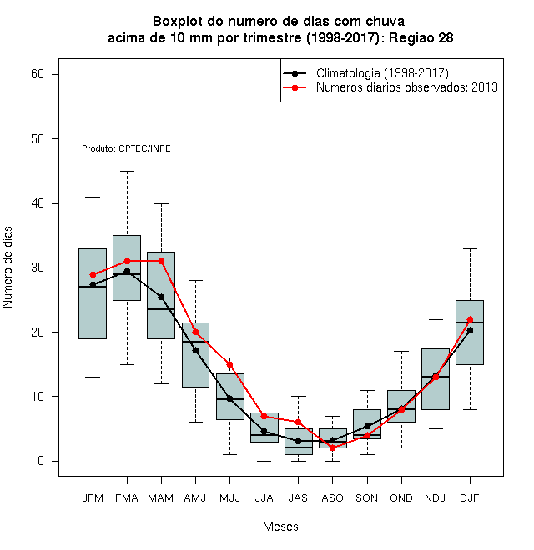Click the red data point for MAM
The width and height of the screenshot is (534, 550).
tap(161, 261)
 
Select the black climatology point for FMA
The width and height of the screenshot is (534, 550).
tap(127, 271)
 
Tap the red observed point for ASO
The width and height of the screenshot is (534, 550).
tap(332, 448)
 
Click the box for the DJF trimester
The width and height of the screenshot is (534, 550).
tap(470, 332)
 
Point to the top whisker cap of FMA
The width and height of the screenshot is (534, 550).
tap(127, 171)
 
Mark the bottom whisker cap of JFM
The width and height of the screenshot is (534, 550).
tap(93, 377)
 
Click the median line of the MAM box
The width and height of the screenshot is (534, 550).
tap(161, 309)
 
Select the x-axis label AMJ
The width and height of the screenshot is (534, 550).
tap(195, 498)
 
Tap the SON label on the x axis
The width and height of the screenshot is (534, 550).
tap(367, 498)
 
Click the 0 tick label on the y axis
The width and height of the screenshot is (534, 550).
tap(41, 461)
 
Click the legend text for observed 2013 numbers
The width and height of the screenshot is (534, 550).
tap(407, 87)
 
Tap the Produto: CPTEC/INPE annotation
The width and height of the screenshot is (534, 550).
tap(126, 148)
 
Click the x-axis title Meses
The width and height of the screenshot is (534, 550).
tap(280, 527)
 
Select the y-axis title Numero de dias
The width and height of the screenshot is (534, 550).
tap(8, 267)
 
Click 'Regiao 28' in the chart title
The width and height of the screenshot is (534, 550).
tap(421, 37)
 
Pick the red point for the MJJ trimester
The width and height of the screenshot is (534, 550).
tap(229, 365)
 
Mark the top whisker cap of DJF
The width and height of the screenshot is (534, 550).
tap(470, 248)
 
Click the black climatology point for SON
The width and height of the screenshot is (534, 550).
tap(367, 426)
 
